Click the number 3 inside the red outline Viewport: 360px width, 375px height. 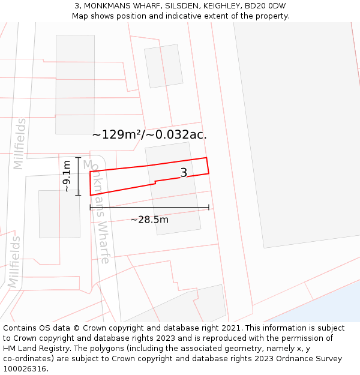coord(184,173)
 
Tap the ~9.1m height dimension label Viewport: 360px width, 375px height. coord(66,176)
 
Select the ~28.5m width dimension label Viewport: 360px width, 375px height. coord(149,220)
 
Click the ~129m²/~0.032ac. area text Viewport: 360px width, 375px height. coord(149,134)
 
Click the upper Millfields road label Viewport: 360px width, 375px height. coord(20,143)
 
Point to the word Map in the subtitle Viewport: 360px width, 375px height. coord(80,16)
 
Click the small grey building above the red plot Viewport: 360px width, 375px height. coord(164,66)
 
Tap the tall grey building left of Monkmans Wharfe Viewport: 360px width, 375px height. coord(75,84)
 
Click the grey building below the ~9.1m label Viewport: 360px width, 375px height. coord(59,214)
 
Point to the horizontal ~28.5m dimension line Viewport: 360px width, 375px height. coord(180,208)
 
